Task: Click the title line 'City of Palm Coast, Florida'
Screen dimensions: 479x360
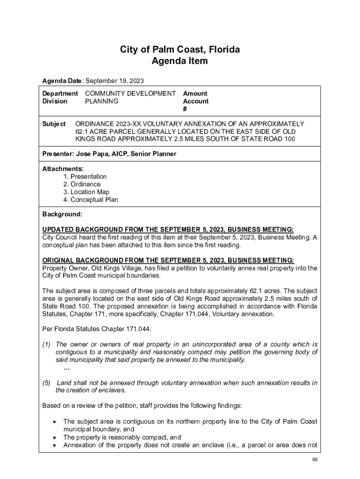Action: coord(180,50)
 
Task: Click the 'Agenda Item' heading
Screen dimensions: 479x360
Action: coord(180,61)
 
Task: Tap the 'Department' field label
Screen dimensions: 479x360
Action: coord(60,94)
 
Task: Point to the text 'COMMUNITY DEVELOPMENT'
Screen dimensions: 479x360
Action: coord(130,94)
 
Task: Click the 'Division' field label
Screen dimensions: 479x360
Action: coord(55,101)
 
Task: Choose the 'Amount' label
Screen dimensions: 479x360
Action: coord(195,94)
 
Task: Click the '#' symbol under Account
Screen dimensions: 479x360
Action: coord(185,109)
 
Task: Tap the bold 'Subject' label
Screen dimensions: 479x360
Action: coord(54,124)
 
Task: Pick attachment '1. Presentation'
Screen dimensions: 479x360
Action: coord(85,176)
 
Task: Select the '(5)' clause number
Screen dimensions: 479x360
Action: coord(46,383)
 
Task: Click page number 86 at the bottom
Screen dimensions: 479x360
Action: coord(315,459)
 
